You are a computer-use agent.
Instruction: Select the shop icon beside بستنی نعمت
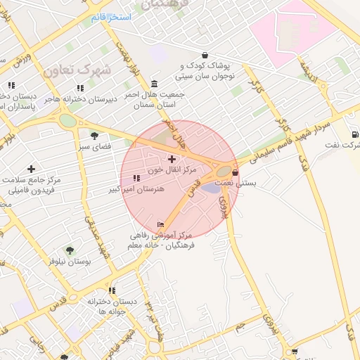pyautogui.click(x=235, y=172)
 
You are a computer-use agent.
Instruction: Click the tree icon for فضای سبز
pyautogui.click(x=94, y=136)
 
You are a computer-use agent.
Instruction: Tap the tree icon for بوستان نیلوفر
pyautogui.click(x=69, y=250)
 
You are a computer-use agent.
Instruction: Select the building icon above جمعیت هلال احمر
pyautogui.click(x=154, y=84)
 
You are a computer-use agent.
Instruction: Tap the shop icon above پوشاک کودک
pyautogui.click(x=205, y=56)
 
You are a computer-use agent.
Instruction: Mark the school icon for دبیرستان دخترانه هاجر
pyautogui.click(x=80, y=89)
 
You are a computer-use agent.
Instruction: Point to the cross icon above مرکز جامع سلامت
pyautogui.click(x=31, y=169)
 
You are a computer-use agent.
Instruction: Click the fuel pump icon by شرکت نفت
pyautogui.click(x=355, y=134)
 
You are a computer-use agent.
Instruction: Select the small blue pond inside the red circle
pyautogui.click(x=210, y=187)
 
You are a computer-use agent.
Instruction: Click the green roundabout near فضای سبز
pyautogui.click(x=67, y=120)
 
